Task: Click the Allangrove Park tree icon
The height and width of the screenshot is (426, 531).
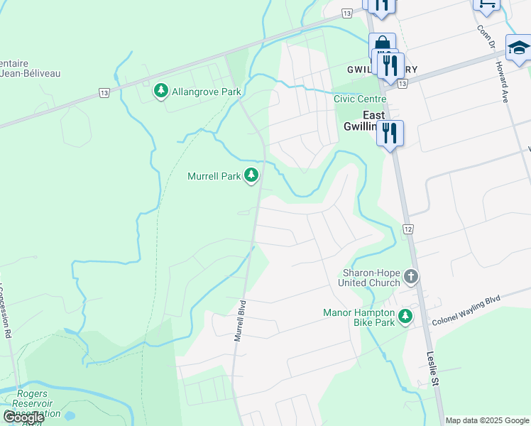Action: tap(161, 91)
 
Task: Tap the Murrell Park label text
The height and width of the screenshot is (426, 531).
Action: tap(214, 176)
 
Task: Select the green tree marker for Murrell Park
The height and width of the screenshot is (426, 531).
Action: tap(251, 175)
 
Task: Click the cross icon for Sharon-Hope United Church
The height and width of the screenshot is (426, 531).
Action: tap(411, 276)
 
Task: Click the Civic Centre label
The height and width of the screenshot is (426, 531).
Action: tap(360, 99)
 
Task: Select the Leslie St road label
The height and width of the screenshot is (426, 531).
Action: tap(434, 369)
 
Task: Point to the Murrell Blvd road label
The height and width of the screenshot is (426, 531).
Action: tap(241, 321)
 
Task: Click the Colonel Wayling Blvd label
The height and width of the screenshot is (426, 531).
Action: tap(466, 311)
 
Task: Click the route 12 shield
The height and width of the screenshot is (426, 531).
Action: tap(407, 229)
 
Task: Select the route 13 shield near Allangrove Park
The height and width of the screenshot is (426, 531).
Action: tap(104, 92)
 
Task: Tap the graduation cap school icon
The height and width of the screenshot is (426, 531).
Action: tap(518, 48)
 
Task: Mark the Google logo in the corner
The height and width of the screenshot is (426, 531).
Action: tap(23, 417)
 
